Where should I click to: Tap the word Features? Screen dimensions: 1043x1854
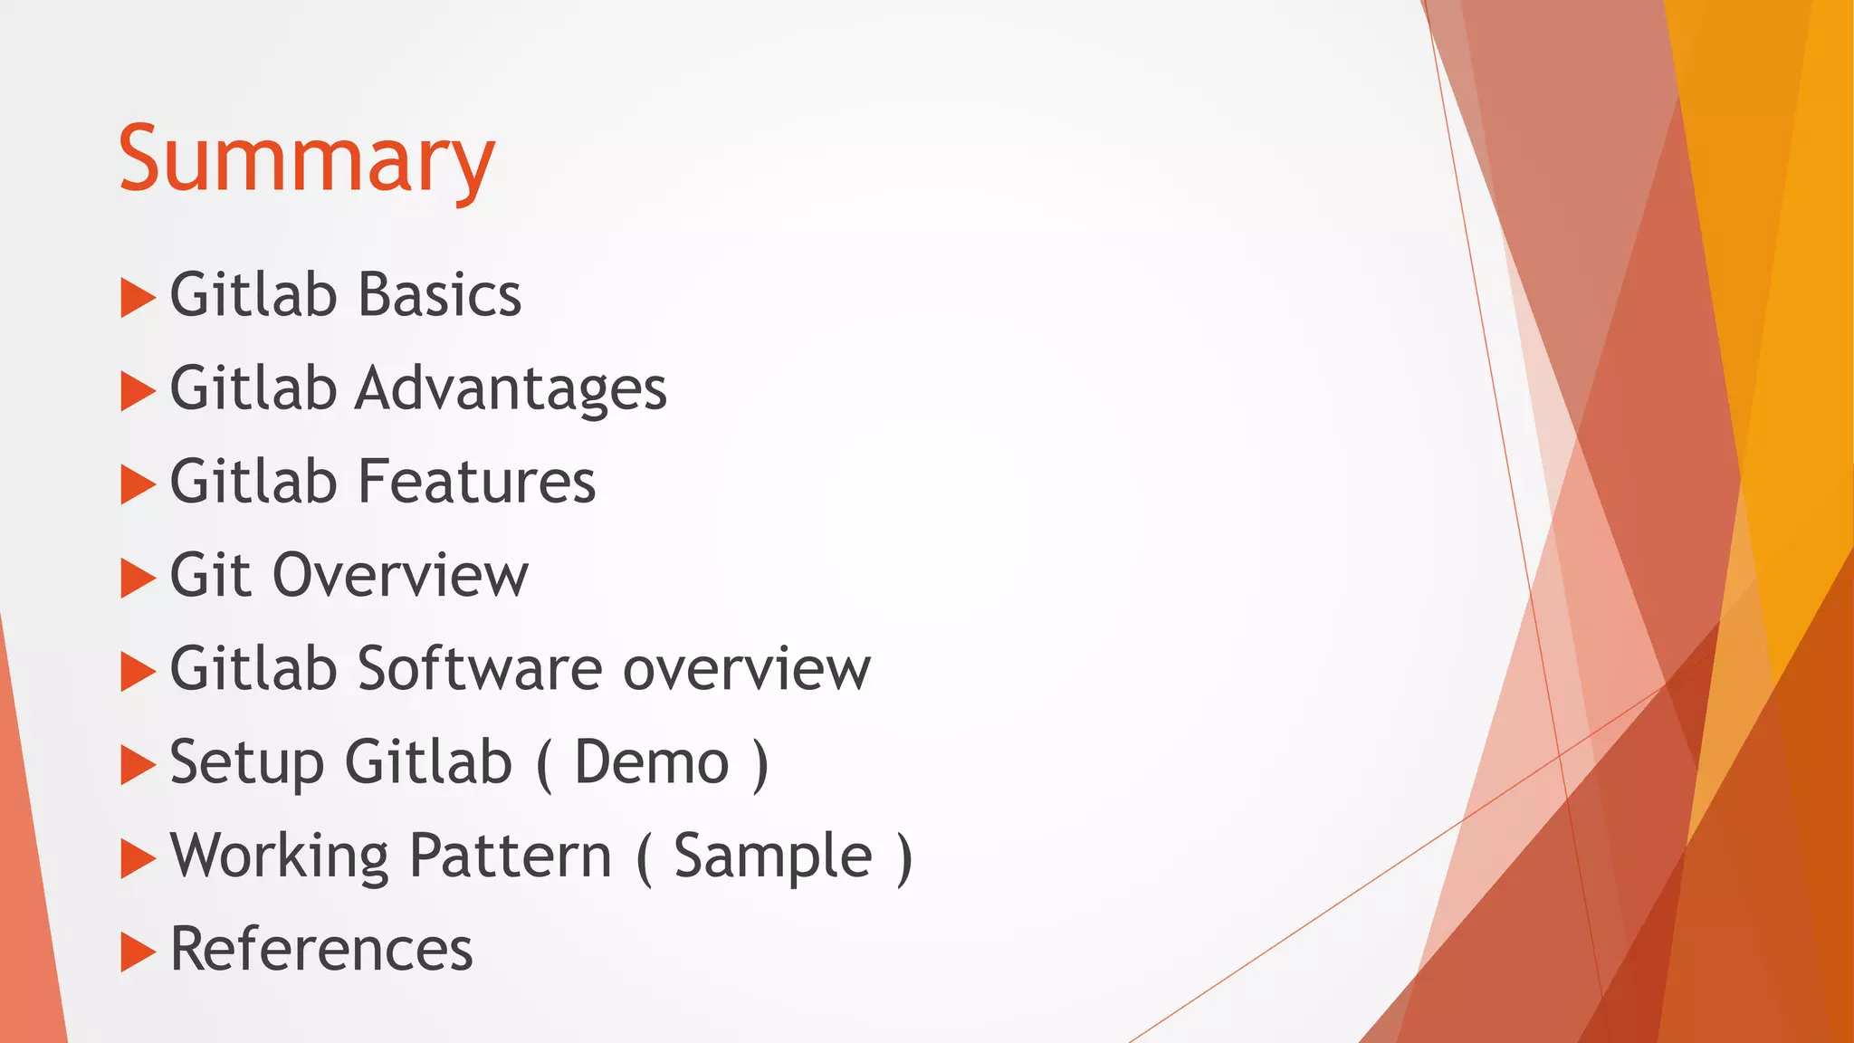point(477,482)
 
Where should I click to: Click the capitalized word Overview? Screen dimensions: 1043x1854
point(400,575)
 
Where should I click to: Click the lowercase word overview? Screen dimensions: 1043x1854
point(747,669)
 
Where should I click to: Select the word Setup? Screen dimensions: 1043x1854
point(246,763)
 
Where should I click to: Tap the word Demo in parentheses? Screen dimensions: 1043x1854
point(652,762)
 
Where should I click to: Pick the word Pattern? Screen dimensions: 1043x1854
point(511,856)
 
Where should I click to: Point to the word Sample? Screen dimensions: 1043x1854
point(773,856)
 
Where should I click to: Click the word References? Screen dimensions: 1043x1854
point(321,949)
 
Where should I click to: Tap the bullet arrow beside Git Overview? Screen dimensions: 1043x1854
point(138,579)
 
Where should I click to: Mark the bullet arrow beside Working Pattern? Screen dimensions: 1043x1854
point(138,859)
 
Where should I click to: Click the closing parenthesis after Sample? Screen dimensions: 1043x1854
point(903,857)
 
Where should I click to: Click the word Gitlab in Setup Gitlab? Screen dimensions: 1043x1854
point(429,761)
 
